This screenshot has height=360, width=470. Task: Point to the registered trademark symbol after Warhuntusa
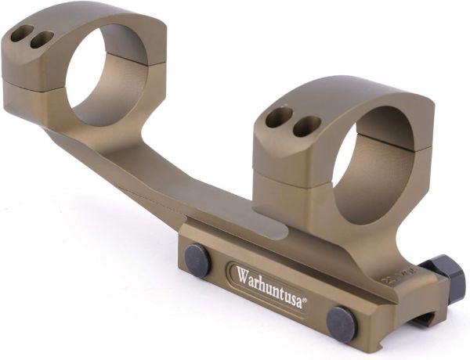click(305, 300)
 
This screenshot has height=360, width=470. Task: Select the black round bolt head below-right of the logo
click(342, 324)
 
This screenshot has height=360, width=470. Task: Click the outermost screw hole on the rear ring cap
click(22, 33)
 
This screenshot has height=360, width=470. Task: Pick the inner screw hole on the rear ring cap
click(42, 40)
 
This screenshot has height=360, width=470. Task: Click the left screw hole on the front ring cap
click(279, 117)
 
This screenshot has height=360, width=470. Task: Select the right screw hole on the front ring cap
click(307, 126)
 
